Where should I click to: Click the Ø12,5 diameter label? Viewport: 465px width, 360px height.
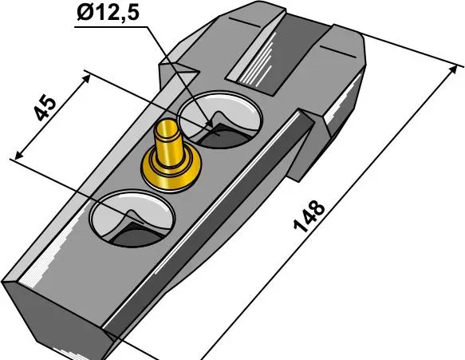tap(108, 13)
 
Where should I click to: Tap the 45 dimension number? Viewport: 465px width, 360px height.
tap(45, 108)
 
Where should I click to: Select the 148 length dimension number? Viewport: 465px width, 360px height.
tap(309, 216)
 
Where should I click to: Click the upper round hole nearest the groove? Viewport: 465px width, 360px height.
tap(220, 120)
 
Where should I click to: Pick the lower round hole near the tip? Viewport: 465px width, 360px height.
tap(132, 219)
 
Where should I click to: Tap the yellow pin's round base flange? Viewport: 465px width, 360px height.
tap(171, 172)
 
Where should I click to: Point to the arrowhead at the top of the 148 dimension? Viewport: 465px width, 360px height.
tap(453, 70)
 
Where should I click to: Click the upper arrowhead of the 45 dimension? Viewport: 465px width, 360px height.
tap(86, 78)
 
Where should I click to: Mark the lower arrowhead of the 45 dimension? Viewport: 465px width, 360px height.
tap(18, 155)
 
